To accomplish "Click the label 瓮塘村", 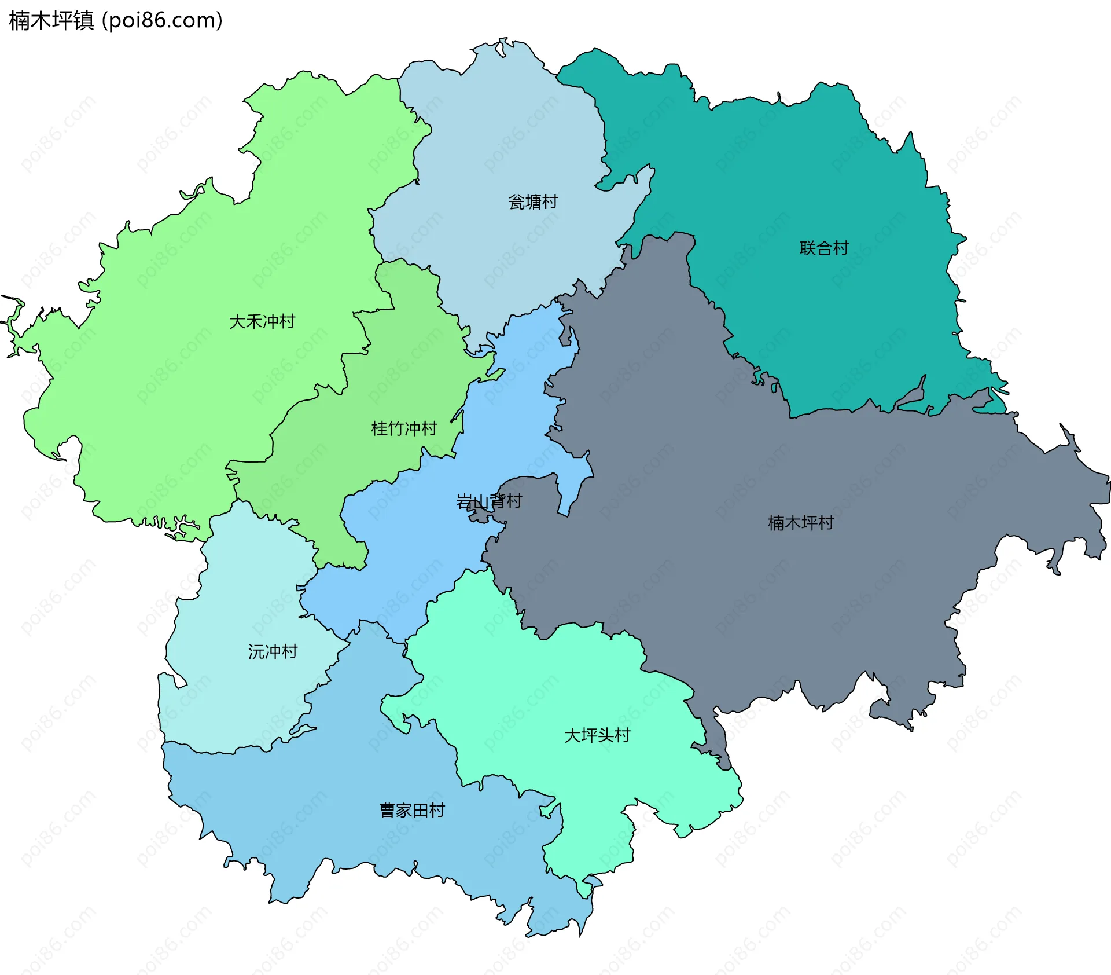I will (x=532, y=202).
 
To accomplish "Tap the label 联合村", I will (x=823, y=248).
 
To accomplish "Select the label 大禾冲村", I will (x=262, y=321).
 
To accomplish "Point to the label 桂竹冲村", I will (x=404, y=429).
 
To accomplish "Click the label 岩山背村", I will (x=489, y=501).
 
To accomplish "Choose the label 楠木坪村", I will (x=800, y=523).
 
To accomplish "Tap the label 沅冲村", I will (x=273, y=652).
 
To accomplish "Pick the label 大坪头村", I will (x=597, y=735).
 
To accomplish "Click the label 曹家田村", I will (x=412, y=811).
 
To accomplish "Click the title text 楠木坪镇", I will (x=51, y=21).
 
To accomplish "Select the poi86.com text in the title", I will (x=162, y=21).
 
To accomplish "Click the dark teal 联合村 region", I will (x=810, y=174).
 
